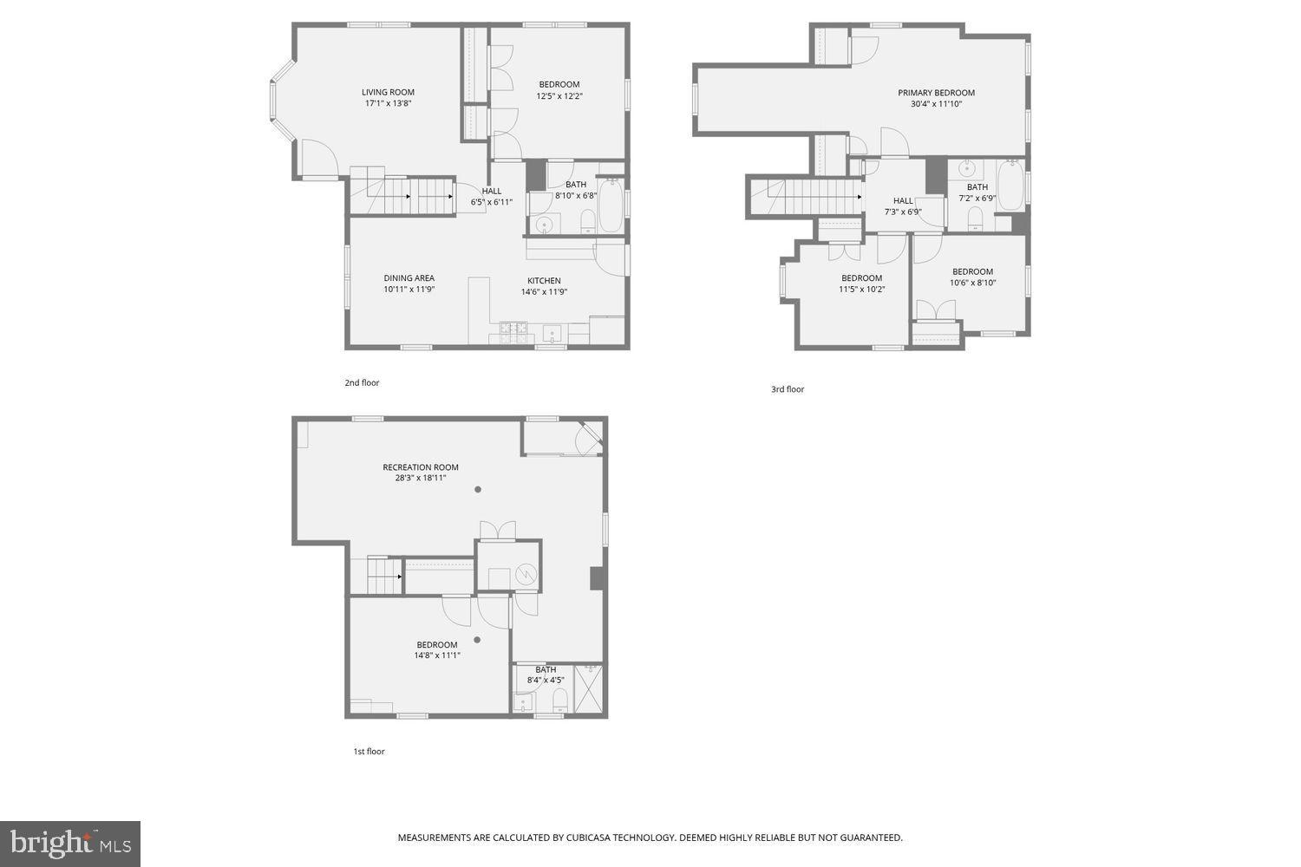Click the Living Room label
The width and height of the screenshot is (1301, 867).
coord(388,92)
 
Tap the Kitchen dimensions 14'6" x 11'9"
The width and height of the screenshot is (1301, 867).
coord(544,292)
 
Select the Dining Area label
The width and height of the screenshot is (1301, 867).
coord(409,278)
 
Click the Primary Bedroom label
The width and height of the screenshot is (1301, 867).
coord(936,93)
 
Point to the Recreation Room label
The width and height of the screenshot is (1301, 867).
coord(421,467)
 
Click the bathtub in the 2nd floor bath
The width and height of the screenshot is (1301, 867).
coord(610,205)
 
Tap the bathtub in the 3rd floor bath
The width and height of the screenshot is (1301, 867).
coord(1010,185)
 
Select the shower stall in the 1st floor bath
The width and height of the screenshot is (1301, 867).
coord(590,689)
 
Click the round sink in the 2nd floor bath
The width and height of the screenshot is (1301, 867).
coord(545,225)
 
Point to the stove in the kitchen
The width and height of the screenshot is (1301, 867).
coord(513,328)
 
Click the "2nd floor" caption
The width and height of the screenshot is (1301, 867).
coord(362,382)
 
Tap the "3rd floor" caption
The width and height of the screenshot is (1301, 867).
coord(788,389)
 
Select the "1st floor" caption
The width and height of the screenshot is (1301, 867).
coord(369,752)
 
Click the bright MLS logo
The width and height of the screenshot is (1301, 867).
coord(70,844)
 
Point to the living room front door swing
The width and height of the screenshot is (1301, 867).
coord(318,158)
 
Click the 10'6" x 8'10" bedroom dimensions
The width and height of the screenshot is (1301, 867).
coord(972,283)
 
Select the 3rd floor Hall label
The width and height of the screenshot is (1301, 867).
coord(903,200)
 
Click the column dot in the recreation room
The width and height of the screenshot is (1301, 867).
coord(477,490)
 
